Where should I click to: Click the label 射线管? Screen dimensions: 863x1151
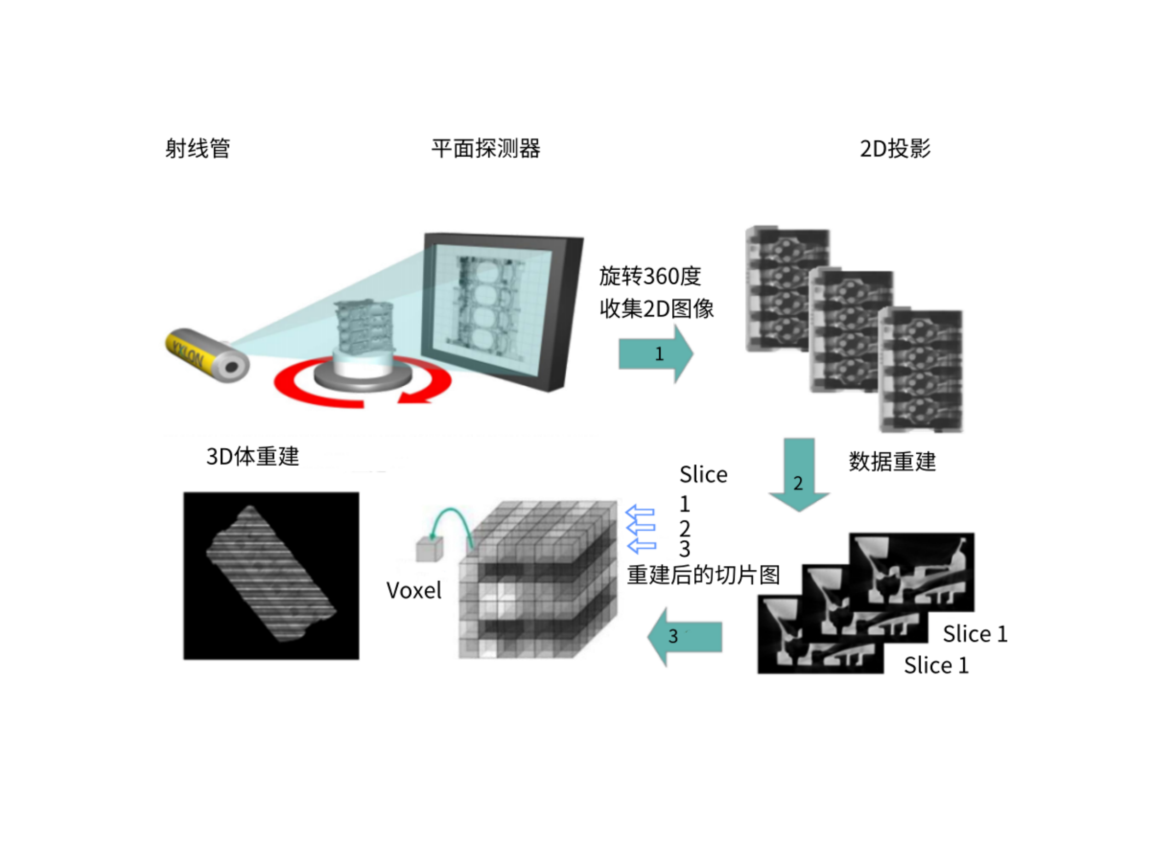coord(198,149)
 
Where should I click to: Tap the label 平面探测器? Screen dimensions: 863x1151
coord(485,149)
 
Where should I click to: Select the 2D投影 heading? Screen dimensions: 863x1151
coord(895,149)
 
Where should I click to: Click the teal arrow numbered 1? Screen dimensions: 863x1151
coord(656,354)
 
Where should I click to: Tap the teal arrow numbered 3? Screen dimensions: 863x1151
coord(685,636)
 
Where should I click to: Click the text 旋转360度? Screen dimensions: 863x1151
coord(650,276)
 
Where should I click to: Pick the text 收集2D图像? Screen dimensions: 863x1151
coord(656,309)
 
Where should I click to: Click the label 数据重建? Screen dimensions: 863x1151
coord(892,461)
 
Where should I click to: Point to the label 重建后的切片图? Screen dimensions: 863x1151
coord(703,575)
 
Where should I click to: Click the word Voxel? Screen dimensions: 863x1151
coord(414,591)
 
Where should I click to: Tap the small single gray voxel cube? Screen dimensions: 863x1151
coord(429,549)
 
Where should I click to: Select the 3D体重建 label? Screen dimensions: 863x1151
coord(253,456)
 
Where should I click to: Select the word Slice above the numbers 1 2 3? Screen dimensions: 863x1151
coord(703,475)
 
